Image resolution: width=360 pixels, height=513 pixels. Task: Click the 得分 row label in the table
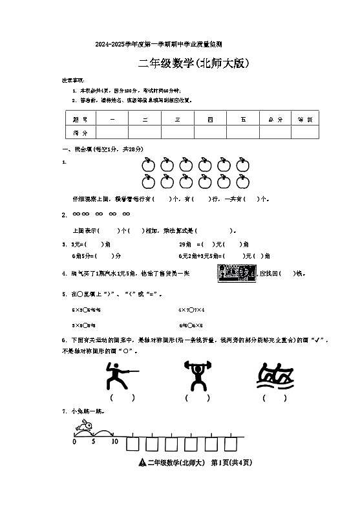coord(81,132)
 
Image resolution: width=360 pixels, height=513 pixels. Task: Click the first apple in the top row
coord(147,163)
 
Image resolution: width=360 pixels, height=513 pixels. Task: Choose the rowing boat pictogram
coord(275,378)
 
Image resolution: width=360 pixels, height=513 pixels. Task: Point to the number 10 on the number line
coord(114,442)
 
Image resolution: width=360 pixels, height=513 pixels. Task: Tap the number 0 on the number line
coord(74,442)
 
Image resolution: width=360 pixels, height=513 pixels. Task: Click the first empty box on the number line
coord(134,444)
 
